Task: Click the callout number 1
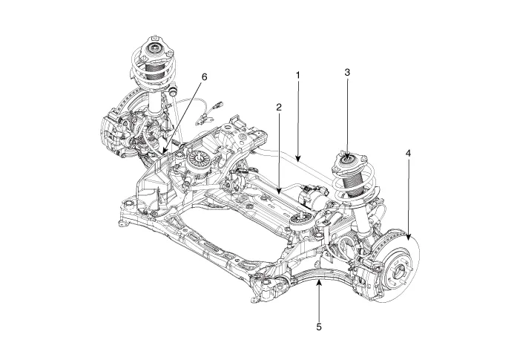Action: point(297,76)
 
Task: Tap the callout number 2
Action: point(278,108)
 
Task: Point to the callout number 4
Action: point(408,153)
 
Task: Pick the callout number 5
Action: point(317,326)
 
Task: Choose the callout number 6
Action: point(205,76)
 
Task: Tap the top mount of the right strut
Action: point(346,158)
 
